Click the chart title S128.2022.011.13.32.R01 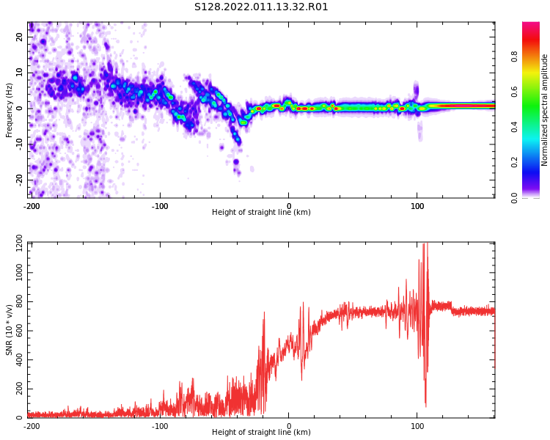point(261,7)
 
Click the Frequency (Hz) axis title point(10,109)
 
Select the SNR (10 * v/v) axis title point(10,330)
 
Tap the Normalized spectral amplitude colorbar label point(545,109)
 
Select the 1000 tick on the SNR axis point(14,273)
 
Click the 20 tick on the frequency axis point(20,37)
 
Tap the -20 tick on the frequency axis point(20,180)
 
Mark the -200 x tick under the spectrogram point(32,205)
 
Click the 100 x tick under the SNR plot point(417,425)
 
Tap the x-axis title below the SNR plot point(261,433)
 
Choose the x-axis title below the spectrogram point(261,213)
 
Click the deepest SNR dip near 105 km point(425,406)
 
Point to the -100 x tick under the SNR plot point(160,425)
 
